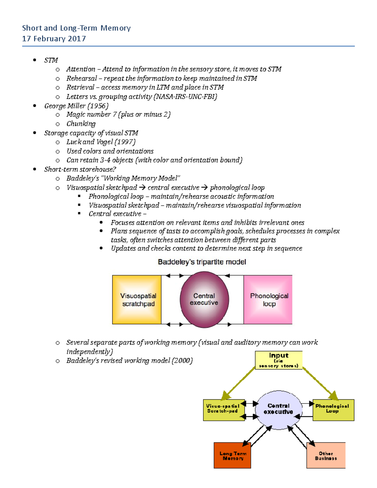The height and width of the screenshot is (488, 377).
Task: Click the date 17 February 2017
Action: coord(54,39)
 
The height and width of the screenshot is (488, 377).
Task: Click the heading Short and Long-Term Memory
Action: coord(76,28)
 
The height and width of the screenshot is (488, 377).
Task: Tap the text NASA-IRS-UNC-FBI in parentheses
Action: coord(185,96)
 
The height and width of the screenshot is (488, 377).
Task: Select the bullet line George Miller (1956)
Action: coord(76,106)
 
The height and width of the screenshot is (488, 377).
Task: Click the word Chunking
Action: coord(81,124)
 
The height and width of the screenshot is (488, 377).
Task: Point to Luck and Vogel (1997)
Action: coord(101,142)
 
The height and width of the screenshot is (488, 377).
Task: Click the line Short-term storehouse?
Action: coord(80,169)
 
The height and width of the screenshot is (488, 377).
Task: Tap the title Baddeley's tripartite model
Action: coord(202,262)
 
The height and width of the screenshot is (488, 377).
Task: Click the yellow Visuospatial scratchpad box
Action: coord(137,299)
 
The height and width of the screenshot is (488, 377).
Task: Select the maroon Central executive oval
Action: coord(204,299)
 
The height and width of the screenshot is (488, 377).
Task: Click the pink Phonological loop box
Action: coord(268,299)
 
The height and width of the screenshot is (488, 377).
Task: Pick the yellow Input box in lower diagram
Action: coord(279,360)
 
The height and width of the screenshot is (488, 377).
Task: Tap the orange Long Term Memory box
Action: coord(232,455)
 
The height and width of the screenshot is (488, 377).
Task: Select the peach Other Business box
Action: coord(326,455)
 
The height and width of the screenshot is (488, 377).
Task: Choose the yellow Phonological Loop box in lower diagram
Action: coord(333,410)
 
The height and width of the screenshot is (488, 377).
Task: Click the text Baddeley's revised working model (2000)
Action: coord(129,360)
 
